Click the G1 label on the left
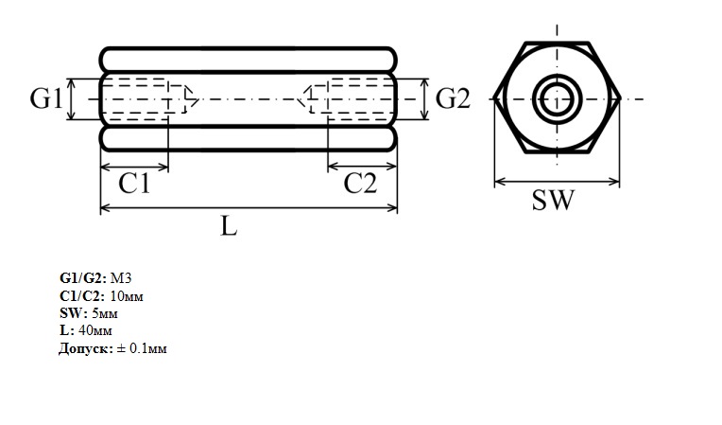click(45, 98)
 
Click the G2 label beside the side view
click(453, 98)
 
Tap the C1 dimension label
click(134, 184)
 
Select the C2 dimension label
click(360, 184)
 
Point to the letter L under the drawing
click(229, 226)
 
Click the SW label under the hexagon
click(553, 200)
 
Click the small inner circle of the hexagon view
click(557, 98)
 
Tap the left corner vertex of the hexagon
click(494, 98)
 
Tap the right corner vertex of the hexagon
click(620, 98)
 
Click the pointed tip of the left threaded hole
click(198, 98)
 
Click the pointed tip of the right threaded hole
click(298, 98)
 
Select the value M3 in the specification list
click(121, 278)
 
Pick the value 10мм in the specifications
click(127, 295)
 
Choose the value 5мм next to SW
click(105, 313)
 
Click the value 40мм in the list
click(95, 330)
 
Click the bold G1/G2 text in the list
click(83, 278)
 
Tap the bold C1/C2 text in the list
click(82, 295)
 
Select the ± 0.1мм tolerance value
click(142, 348)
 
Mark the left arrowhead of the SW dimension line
click(500, 181)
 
